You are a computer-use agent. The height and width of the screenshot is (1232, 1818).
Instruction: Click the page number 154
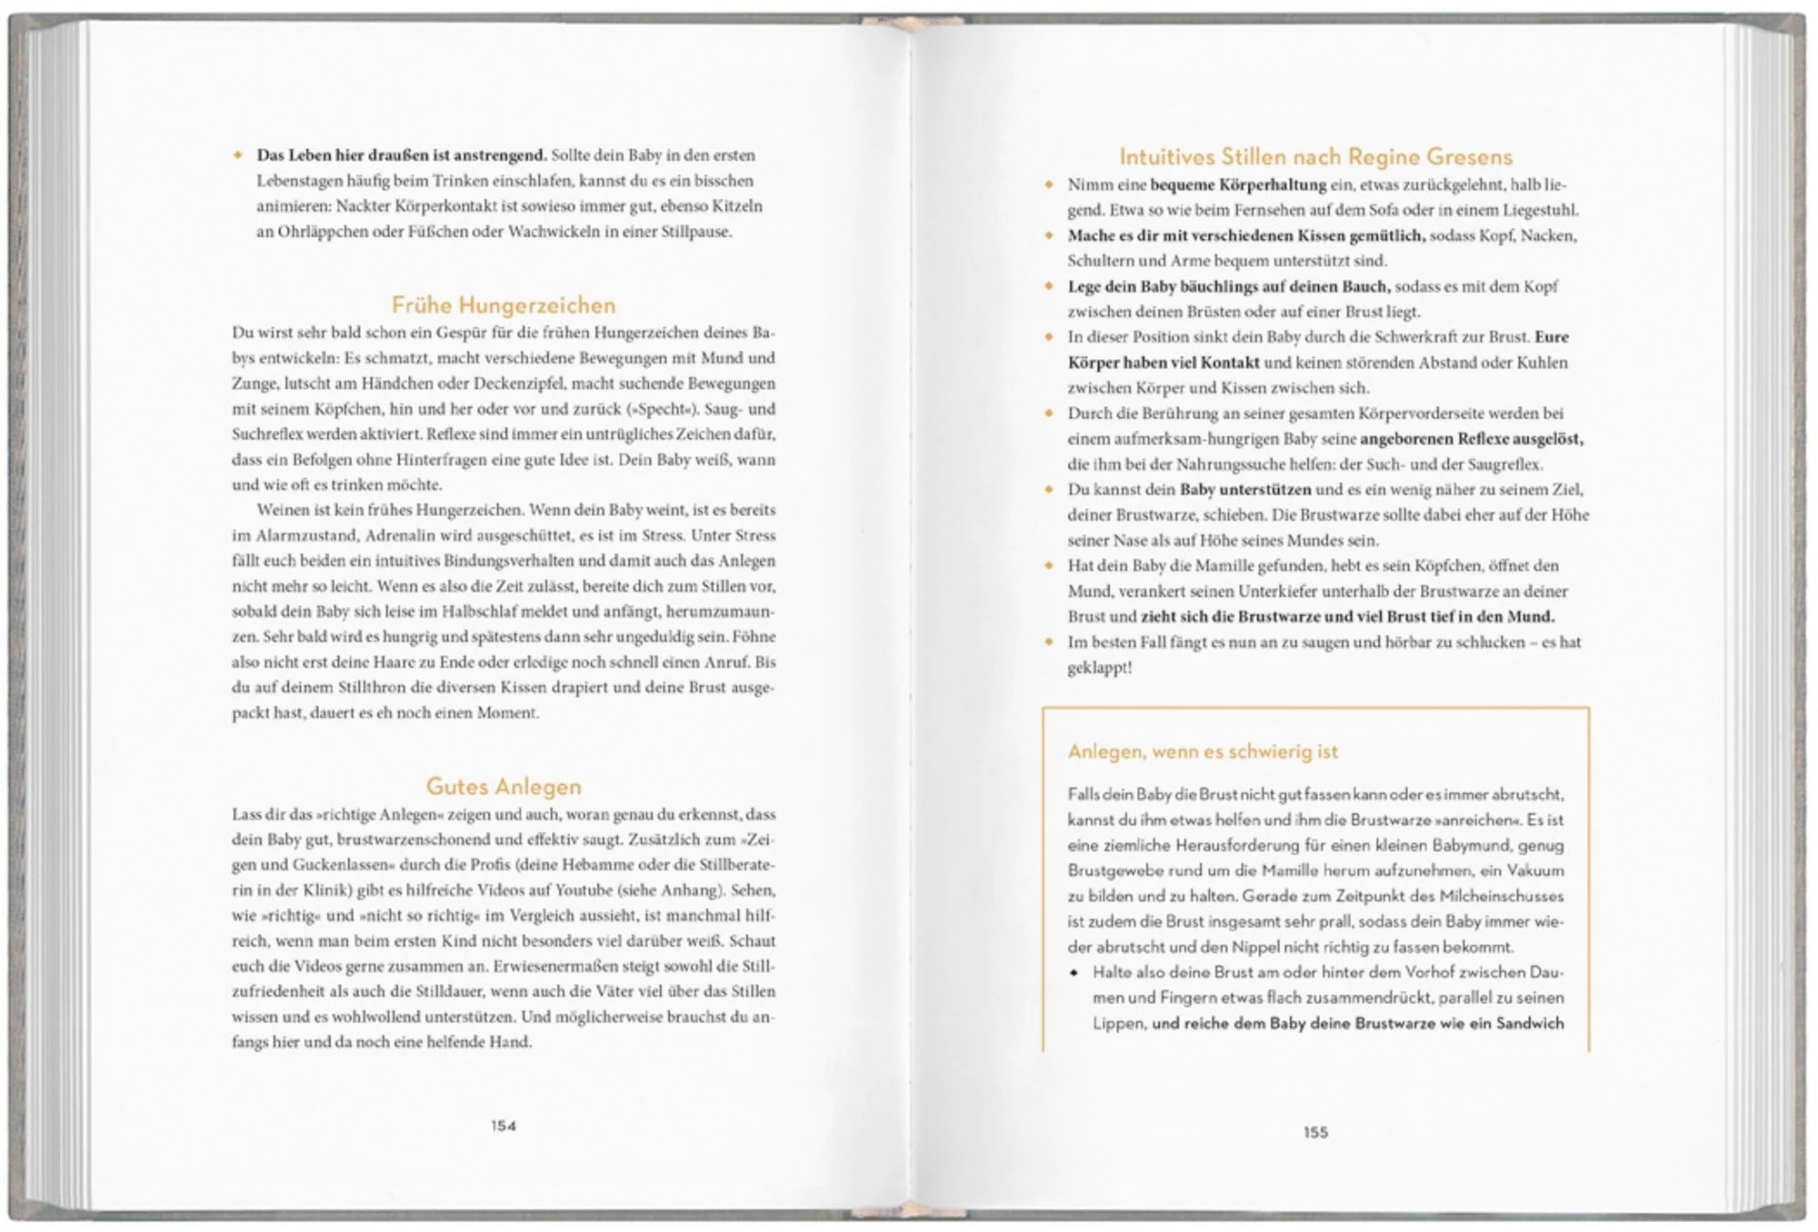point(503,1126)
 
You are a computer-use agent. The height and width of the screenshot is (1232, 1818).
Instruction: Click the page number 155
point(1315,1132)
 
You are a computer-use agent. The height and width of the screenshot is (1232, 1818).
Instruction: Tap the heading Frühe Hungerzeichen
point(503,305)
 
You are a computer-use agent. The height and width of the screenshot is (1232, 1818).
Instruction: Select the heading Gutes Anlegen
point(503,786)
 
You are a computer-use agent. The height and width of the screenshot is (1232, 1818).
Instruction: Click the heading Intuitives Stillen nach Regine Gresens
point(1315,156)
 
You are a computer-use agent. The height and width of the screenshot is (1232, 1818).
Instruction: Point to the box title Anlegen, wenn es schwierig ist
point(1202,751)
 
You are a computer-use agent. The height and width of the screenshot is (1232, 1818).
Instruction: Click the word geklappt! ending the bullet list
point(1099,668)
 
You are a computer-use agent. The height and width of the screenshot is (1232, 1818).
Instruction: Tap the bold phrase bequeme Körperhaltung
point(1238,184)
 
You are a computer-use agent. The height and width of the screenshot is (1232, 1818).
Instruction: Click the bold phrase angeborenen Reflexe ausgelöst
point(1472,439)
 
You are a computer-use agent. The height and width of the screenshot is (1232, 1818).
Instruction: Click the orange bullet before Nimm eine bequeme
point(1049,184)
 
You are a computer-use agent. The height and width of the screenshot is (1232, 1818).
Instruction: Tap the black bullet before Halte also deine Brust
point(1074,972)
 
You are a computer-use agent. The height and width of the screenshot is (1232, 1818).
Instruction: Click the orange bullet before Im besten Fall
point(1049,642)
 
